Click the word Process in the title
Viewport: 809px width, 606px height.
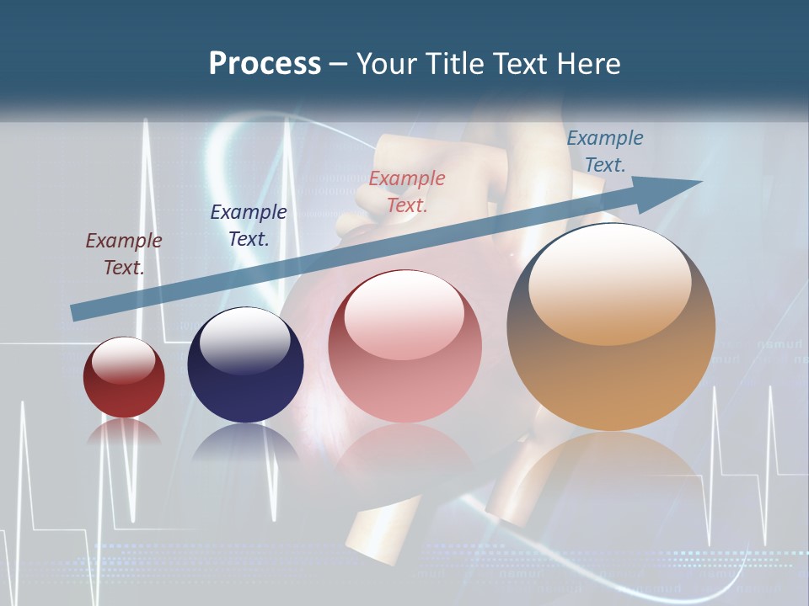265,63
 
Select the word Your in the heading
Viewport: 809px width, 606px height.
387,63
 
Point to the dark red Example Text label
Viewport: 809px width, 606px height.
124,253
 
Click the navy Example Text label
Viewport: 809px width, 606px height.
249,225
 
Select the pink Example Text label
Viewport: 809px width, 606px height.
407,191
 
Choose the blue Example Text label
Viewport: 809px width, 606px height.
605,151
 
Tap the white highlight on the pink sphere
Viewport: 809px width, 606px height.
404,313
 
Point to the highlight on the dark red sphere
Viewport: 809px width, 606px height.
123,359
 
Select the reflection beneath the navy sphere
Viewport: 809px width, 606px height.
245,441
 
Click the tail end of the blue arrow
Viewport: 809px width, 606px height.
78,312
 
